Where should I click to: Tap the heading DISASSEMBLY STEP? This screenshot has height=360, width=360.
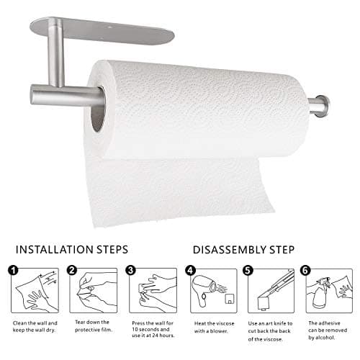(244, 250)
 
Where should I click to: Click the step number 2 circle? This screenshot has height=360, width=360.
(72, 271)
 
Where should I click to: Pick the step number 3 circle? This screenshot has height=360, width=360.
(130, 271)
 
